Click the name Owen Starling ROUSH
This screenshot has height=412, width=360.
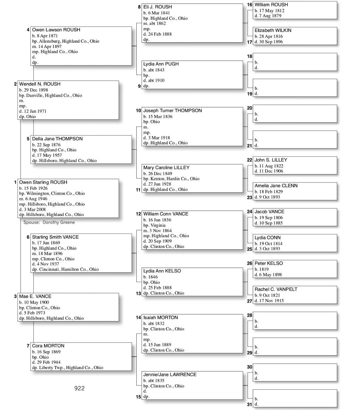(43, 182)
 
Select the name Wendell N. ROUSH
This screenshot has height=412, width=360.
(40, 84)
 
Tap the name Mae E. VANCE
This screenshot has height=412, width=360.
(35, 296)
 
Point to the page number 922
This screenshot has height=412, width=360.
(79, 388)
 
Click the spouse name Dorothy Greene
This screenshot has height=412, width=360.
(59, 222)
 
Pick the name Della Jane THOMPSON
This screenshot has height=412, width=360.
(57, 139)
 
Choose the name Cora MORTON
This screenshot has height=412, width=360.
(48, 346)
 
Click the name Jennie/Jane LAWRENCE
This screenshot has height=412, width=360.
(170, 374)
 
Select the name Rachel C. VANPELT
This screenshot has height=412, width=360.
(276, 289)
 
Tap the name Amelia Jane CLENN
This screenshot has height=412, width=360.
(276, 186)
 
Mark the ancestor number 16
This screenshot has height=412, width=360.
(250, 5)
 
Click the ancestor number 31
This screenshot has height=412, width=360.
(250, 404)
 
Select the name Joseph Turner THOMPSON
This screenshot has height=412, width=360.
(172, 110)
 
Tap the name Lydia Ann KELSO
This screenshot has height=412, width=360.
(162, 271)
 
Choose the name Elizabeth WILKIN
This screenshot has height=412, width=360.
(273, 30)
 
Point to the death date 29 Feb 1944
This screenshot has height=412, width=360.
(48, 362)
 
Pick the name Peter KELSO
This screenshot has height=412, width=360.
(269, 263)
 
